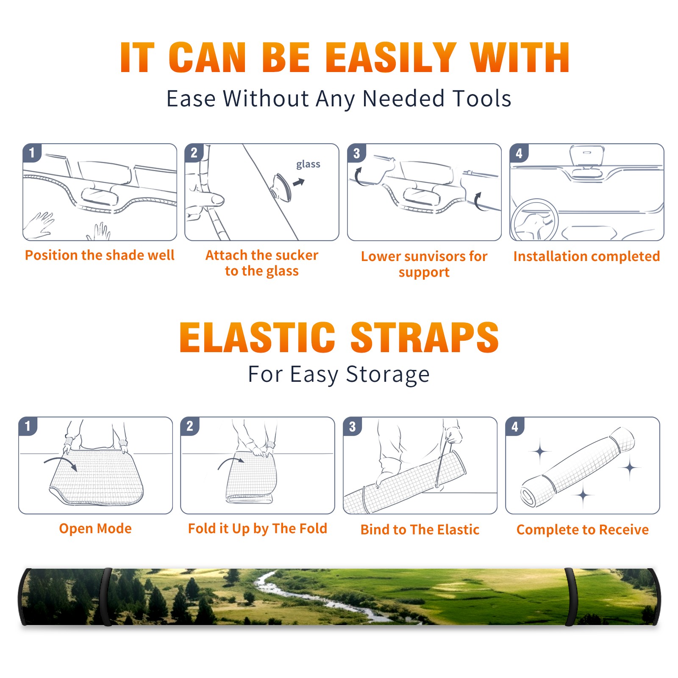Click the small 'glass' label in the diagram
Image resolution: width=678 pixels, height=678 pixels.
tap(308, 164)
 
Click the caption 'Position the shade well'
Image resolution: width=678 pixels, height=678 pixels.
tap(100, 255)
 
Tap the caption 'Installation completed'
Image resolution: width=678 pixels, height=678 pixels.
tap(586, 256)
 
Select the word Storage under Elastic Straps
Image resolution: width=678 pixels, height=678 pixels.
tap(388, 375)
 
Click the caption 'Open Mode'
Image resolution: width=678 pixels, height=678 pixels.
tap(95, 528)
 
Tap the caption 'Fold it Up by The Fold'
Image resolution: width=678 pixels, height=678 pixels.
tap(258, 528)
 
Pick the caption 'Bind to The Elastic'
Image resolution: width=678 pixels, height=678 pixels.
tap(420, 530)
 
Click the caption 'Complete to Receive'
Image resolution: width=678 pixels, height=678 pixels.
tap(583, 530)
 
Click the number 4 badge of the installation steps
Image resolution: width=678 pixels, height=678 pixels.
tap(519, 153)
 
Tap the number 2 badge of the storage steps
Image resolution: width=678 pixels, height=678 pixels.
tap(190, 426)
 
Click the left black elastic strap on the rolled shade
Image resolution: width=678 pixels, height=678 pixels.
tap(106, 597)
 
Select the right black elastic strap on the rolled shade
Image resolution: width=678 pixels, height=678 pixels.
tap(571, 597)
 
